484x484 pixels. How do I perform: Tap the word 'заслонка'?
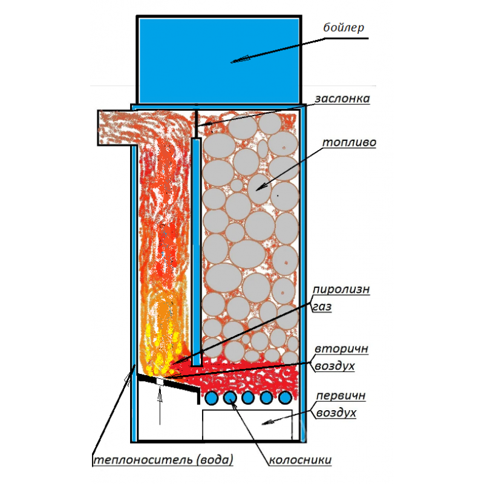click(x=342, y=98)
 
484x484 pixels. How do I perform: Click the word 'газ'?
click(x=322, y=307)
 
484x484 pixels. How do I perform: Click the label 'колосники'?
click(x=300, y=460)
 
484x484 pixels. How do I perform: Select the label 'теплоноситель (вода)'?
click(x=163, y=460)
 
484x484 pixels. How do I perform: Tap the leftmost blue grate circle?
click(x=212, y=397)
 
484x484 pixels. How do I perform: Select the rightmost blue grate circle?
click(x=284, y=397)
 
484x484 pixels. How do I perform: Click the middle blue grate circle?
click(x=248, y=397)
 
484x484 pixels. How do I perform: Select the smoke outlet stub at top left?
click(x=115, y=128)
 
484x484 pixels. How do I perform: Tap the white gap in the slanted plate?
click(x=160, y=381)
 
